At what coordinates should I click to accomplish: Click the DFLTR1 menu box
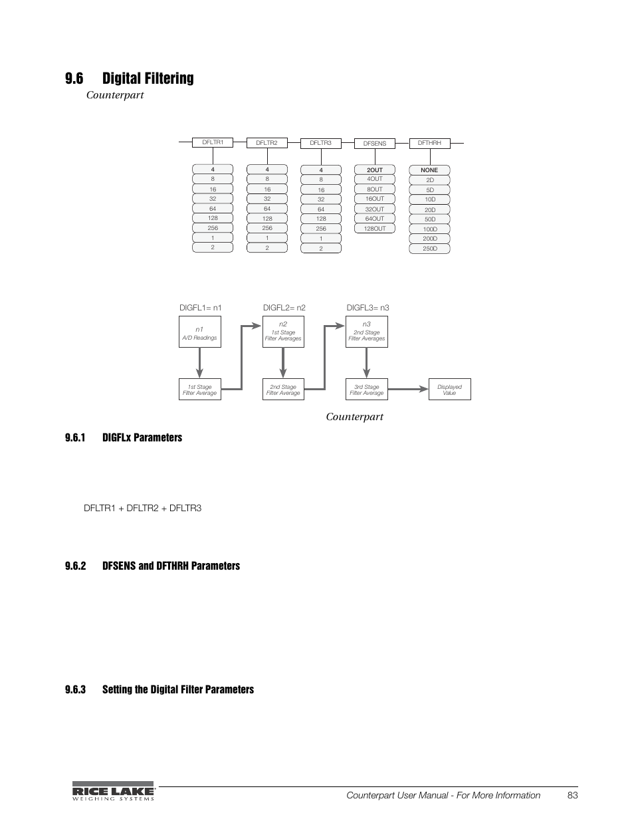point(213,142)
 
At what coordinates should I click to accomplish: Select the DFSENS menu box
point(375,143)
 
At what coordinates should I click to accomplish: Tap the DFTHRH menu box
point(429,143)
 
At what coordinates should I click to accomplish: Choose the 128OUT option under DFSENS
point(375,229)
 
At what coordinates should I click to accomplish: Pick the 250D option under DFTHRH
point(430,249)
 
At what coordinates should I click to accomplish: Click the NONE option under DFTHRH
point(429,170)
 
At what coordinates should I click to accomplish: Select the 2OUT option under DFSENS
point(375,170)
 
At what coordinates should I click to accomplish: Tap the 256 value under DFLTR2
point(267,228)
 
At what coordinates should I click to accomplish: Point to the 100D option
point(430,229)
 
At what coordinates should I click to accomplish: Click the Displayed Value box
point(449,390)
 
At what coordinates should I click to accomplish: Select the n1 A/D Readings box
point(199,333)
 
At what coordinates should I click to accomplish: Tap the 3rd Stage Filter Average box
point(367,390)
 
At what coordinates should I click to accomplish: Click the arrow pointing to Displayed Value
point(408,389)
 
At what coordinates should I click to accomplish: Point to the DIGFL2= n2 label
point(284,308)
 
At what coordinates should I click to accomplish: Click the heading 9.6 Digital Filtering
point(130,78)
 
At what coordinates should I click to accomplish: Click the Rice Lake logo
point(113,791)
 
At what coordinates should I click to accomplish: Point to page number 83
point(573,795)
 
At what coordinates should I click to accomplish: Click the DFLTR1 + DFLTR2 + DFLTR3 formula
point(142,508)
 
